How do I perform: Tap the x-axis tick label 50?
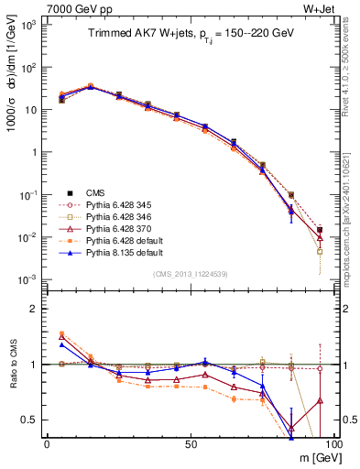click(189, 443)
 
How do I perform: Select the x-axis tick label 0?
click(47, 443)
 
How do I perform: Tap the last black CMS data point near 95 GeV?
click(320, 230)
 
